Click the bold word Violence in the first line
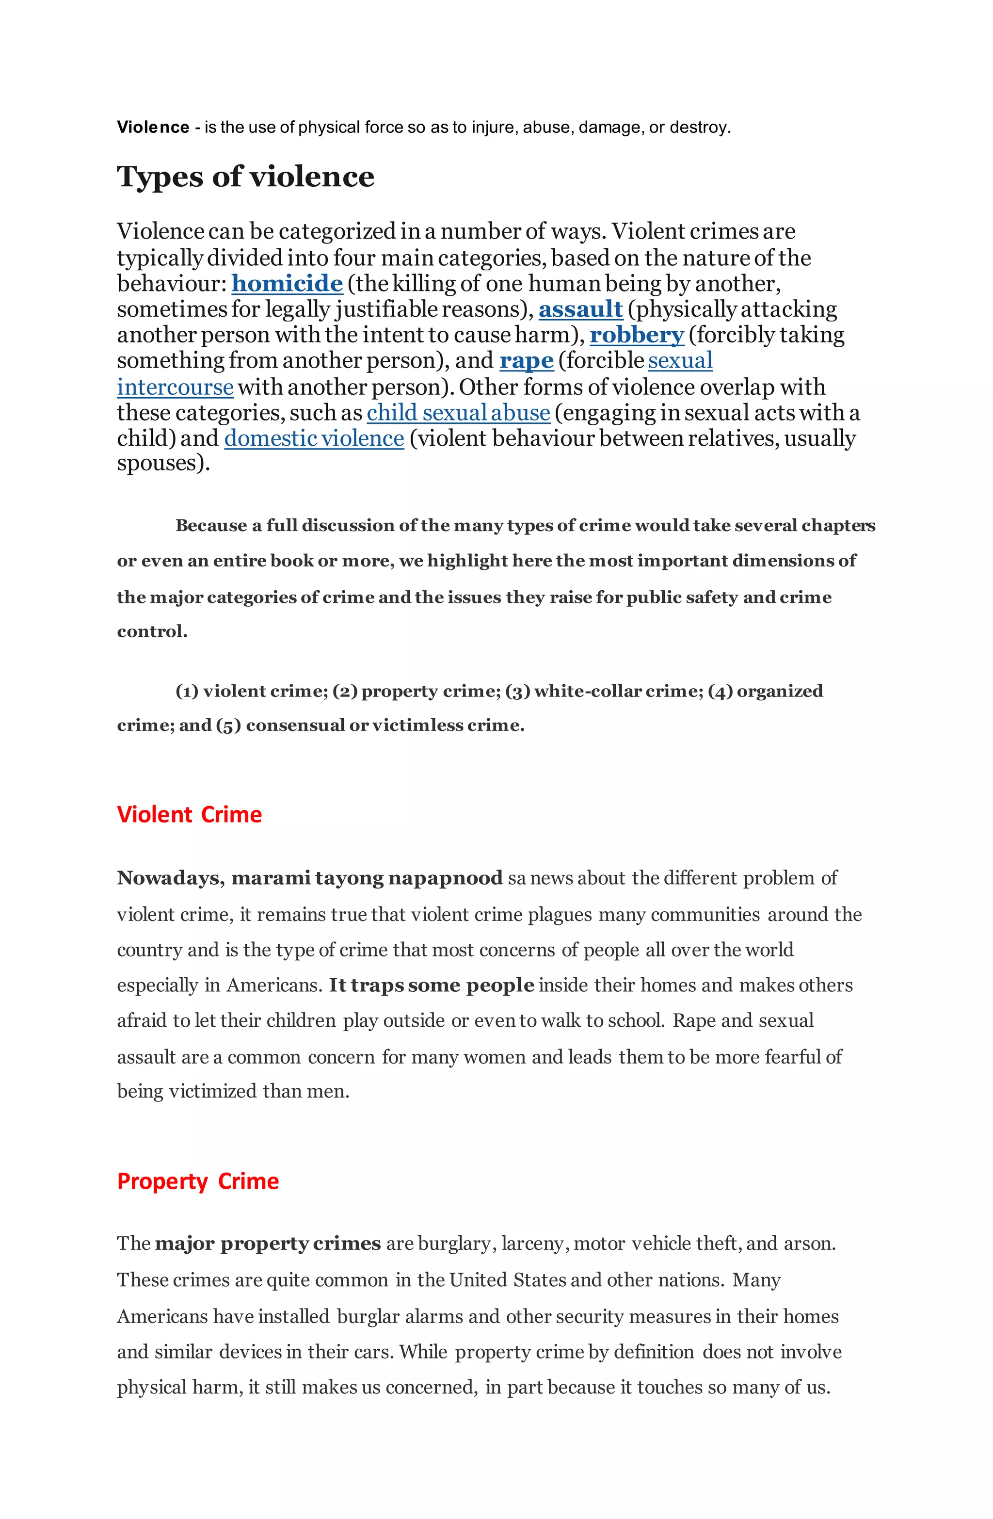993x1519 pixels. coord(153,128)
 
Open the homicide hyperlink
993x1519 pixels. coord(287,283)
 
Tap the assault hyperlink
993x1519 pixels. coord(580,309)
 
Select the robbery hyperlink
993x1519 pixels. coord(636,335)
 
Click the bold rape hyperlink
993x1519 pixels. coord(526,361)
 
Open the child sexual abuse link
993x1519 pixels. coord(458,413)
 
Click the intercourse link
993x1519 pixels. coord(175,388)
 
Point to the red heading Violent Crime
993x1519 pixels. coord(189,814)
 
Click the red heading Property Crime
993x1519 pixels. coord(198,1181)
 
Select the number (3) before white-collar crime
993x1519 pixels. coord(517,691)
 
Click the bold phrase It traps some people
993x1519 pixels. coord(432,985)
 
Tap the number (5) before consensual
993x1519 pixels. coord(228,726)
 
